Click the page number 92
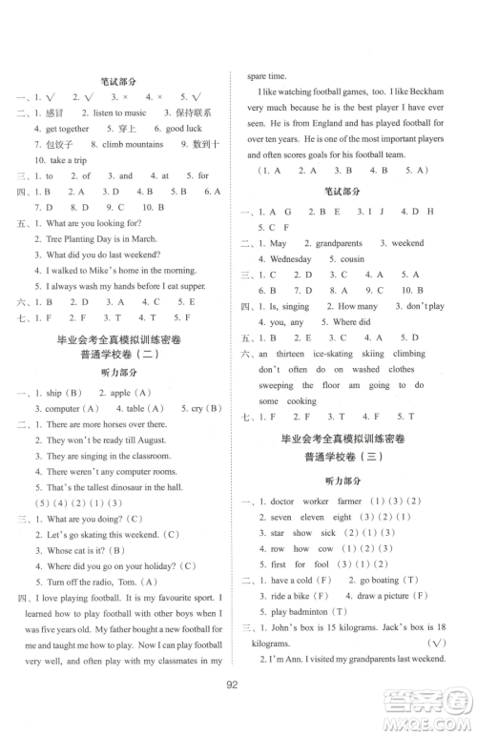point(238,708)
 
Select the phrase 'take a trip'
point(69,159)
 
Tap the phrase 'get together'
point(67,128)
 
